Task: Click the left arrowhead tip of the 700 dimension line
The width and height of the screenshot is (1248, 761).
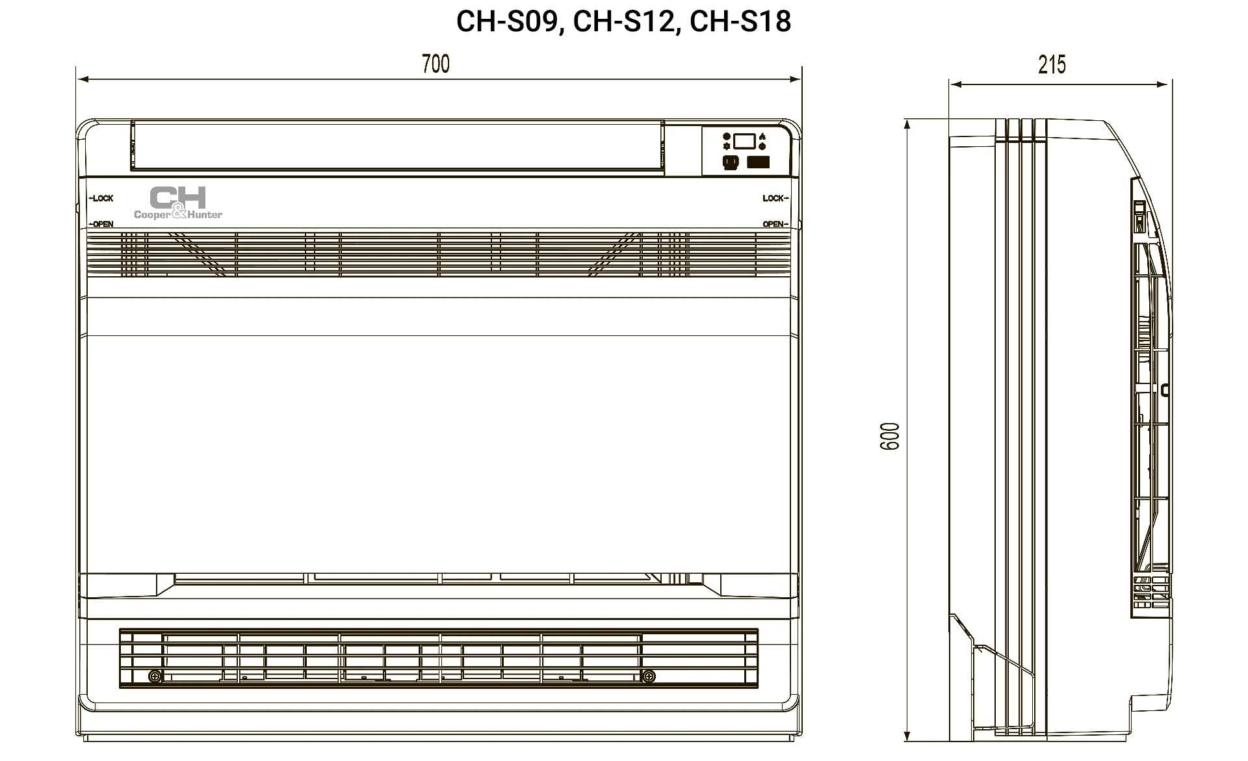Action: pos(77,80)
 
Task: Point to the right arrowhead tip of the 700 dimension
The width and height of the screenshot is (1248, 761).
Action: pos(801,80)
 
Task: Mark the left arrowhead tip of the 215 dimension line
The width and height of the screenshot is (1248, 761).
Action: pos(950,84)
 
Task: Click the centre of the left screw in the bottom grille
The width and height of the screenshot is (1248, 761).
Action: pos(155,677)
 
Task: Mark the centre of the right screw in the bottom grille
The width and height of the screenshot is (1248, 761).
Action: pos(648,677)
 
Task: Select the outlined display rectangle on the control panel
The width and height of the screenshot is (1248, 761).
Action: pos(744,141)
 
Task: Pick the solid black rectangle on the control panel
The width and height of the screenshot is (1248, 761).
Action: pos(758,162)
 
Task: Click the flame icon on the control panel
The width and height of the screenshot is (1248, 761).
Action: pos(762,137)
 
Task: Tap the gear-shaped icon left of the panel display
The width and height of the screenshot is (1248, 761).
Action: pos(727,147)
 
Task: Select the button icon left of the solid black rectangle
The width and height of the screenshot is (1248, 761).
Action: pos(730,162)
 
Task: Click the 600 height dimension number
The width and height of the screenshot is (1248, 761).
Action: pos(890,436)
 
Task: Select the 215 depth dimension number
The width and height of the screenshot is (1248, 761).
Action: pos(1052,65)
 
